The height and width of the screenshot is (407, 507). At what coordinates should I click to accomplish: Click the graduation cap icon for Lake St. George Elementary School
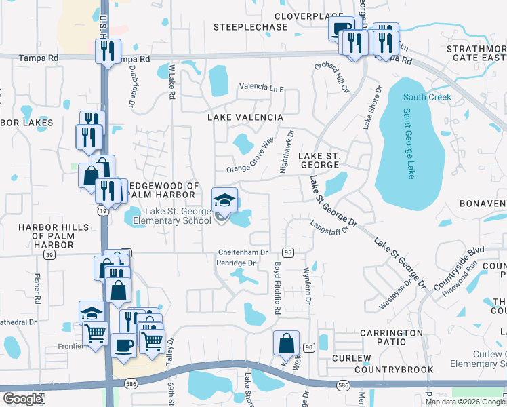click(225, 200)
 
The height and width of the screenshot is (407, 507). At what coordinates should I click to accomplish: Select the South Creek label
click(427, 98)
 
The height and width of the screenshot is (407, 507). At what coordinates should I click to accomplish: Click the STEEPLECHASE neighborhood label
click(241, 28)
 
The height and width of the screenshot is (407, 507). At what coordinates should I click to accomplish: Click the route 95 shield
click(288, 252)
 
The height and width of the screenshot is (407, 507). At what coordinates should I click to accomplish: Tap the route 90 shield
click(309, 347)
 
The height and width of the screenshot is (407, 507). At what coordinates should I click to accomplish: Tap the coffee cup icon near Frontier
click(123, 345)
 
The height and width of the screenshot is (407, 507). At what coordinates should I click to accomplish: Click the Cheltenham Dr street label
click(242, 252)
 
